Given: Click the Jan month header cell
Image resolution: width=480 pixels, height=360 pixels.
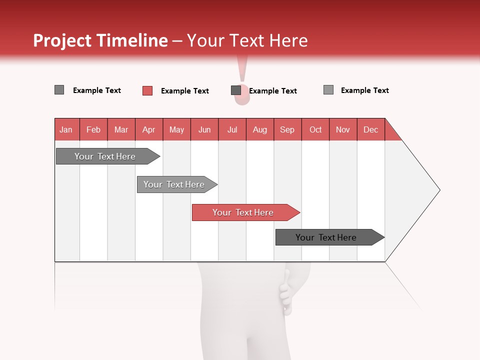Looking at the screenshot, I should tap(66, 129).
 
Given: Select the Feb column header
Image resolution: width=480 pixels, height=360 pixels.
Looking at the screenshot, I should tap(93, 129).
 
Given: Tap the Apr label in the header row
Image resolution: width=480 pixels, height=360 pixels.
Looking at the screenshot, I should tap(148, 129).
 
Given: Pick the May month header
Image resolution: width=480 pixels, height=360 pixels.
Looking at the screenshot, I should tap(176, 129).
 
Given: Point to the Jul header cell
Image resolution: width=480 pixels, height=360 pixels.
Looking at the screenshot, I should tap(232, 129).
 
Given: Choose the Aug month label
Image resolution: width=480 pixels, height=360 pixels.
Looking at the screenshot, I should tap(259, 129).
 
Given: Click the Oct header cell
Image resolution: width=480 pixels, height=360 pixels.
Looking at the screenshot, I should tap(315, 129).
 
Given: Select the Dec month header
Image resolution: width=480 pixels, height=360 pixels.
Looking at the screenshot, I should tap(370, 129).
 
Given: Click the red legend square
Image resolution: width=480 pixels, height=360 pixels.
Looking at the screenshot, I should tap(147, 90).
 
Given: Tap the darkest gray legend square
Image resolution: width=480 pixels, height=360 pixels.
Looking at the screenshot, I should tap(236, 90).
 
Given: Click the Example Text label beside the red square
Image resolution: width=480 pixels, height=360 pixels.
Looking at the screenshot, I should tap(185, 91).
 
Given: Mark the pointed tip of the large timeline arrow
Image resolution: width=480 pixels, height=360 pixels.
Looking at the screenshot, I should tap(439, 190).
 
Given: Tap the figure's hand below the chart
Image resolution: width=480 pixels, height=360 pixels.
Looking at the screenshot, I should tap(285, 292).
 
